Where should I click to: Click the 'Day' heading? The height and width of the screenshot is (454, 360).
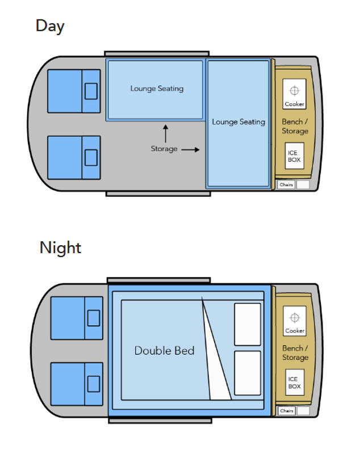(50, 26)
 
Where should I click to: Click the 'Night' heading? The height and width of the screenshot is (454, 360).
(60, 248)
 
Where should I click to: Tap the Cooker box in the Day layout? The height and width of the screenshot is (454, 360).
(294, 94)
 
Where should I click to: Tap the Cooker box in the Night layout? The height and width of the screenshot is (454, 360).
(294, 321)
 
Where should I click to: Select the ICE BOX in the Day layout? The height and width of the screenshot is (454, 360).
(294, 156)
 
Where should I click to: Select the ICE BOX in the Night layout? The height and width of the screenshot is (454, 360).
(294, 382)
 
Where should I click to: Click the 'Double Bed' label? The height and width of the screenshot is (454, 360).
(164, 351)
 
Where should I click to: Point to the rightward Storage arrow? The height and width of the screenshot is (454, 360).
(191, 150)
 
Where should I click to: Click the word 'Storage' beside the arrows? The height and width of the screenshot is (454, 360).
(164, 149)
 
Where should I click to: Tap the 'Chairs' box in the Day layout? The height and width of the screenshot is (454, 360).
(286, 185)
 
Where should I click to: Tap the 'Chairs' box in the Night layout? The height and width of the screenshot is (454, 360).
(286, 410)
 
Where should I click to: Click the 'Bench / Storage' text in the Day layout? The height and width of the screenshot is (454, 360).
(295, 127)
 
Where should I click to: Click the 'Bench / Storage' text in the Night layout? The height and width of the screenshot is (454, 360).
(295, 352)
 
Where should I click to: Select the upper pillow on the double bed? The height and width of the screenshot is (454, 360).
(248, 324)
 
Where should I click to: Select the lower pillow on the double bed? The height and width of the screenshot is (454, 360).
(248, 373)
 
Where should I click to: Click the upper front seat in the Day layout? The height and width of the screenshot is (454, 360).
(74, 91)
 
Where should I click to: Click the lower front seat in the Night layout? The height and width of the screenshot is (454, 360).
(77, 383)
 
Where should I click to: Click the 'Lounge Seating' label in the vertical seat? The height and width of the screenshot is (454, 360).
(238, 122)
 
